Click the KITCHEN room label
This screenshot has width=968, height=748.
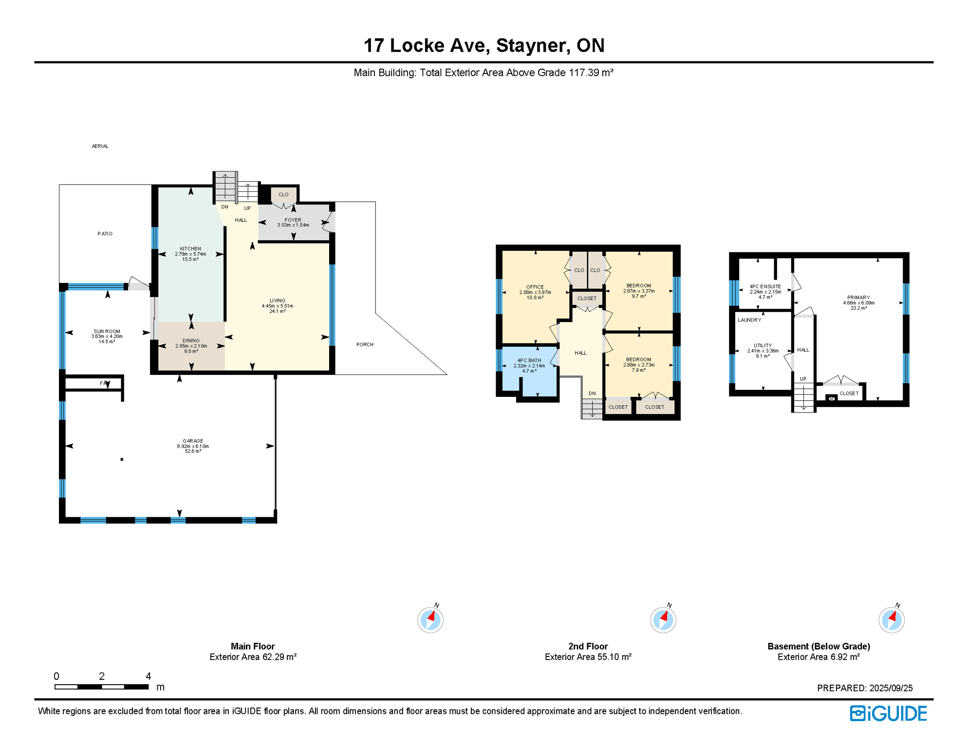coord(190,248)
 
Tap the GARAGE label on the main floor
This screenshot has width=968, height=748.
coord(193,441)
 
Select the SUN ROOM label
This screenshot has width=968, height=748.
coord(107,331)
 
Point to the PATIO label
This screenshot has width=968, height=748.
coord(105,234)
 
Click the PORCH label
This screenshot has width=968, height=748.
coord(365,344)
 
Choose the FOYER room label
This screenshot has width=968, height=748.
coord(293,220)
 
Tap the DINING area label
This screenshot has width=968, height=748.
coord(191,340)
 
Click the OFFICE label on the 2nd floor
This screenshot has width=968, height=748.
coord(535,287)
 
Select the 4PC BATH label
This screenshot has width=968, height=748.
coord(529,360)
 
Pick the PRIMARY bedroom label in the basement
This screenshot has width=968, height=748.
coord(858,297)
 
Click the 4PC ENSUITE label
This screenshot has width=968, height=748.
coord(765,286)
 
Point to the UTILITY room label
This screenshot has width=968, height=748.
coord(763,345)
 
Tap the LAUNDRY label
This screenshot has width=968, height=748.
coord(749,320)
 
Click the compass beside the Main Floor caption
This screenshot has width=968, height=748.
coord(430,620)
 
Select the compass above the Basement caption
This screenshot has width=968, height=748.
coord(891,620)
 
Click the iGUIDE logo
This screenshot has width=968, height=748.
coord(888,713)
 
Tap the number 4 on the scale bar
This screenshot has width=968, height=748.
coord(148,676)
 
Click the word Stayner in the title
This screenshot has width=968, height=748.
coord(533,45)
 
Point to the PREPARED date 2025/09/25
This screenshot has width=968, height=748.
coord(891,688)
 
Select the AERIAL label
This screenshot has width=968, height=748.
coord(100,146)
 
